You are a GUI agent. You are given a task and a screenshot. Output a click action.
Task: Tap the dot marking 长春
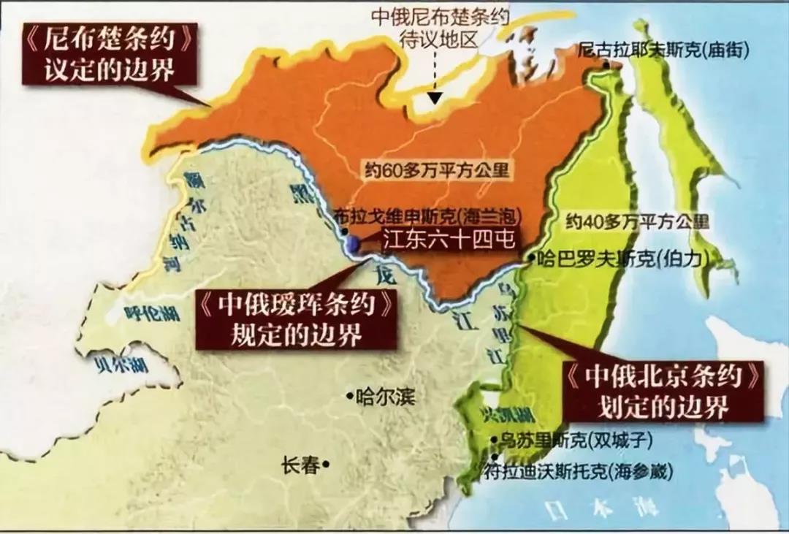coord(327,463)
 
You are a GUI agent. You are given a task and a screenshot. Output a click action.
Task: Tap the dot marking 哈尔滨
coord(348,397)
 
